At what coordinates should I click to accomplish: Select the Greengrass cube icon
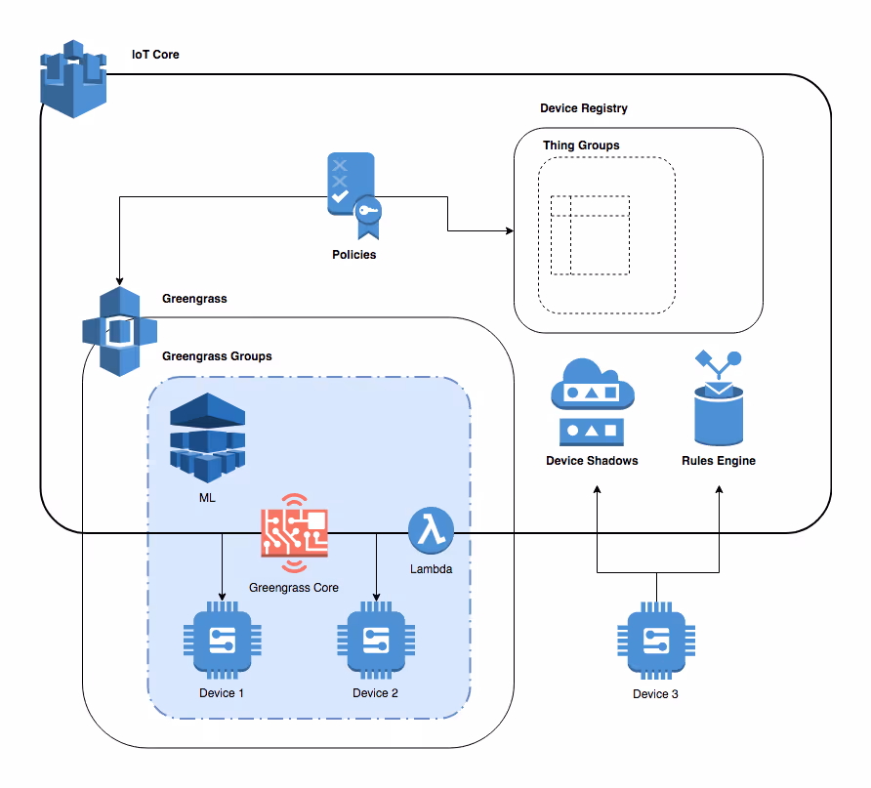click(x=119, y=331)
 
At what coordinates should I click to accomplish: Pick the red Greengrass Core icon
click(x=294, y=533)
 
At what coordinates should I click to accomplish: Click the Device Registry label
click(x=584, y=108)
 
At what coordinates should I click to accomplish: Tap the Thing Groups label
click(x=581, y=145)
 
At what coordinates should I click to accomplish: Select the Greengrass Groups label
click(x=217, y=356)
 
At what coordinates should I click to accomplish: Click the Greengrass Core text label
click(x=294, y=588)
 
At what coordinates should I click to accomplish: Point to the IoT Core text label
click(x=155, y=55)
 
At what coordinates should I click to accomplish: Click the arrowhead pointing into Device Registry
click(x=510, y=231)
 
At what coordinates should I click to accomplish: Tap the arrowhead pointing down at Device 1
click(x=223, y=596)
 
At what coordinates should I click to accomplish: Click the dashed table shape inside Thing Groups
click(x=590, y=235)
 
